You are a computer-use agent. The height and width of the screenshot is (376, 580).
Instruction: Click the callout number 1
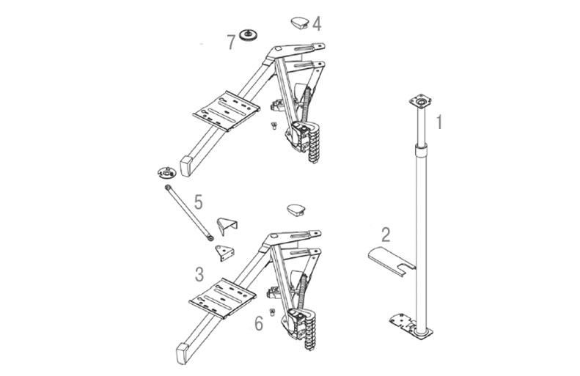coord(439,122)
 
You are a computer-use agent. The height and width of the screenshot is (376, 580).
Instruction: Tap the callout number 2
coord(386,235)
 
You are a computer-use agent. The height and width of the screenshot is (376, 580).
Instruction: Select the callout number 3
coord(199,274)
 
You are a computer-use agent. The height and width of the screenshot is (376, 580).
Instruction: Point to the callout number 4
coord(317,23)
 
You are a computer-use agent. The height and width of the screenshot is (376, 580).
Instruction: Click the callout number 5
coord(199,202)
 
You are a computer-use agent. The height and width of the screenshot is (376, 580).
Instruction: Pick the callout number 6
coord(259,323)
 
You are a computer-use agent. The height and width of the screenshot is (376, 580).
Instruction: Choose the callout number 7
coord(231,43)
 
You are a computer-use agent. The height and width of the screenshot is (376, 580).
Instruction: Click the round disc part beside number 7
coord(249,35)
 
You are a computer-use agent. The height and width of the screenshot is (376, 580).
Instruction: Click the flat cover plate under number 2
coord(392,261)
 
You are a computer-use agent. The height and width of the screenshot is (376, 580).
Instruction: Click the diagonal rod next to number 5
coord(188,213)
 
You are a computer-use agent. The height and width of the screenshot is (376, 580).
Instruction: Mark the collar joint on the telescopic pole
coord(420,152)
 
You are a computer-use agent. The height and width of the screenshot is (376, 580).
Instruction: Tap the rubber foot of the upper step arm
coord(186,166)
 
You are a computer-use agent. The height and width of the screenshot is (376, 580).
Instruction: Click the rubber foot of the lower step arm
coord(183,353)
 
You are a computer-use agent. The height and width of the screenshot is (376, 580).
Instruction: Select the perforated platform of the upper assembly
coord(227,111)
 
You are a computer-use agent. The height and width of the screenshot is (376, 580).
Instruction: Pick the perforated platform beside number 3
coord(223,298)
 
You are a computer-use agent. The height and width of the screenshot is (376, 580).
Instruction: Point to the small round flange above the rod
coord(166,172)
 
